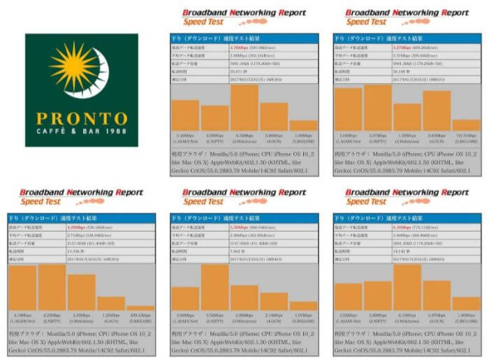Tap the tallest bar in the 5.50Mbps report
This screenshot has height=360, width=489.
point(214,287)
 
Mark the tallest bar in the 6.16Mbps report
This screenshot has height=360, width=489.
point(407,287)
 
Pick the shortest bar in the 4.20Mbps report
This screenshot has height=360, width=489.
point(140,307)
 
